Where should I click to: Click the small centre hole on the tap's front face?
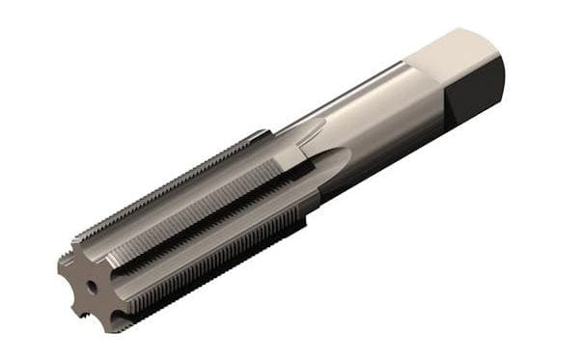(91, 287)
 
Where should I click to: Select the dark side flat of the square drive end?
(477, 93)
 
